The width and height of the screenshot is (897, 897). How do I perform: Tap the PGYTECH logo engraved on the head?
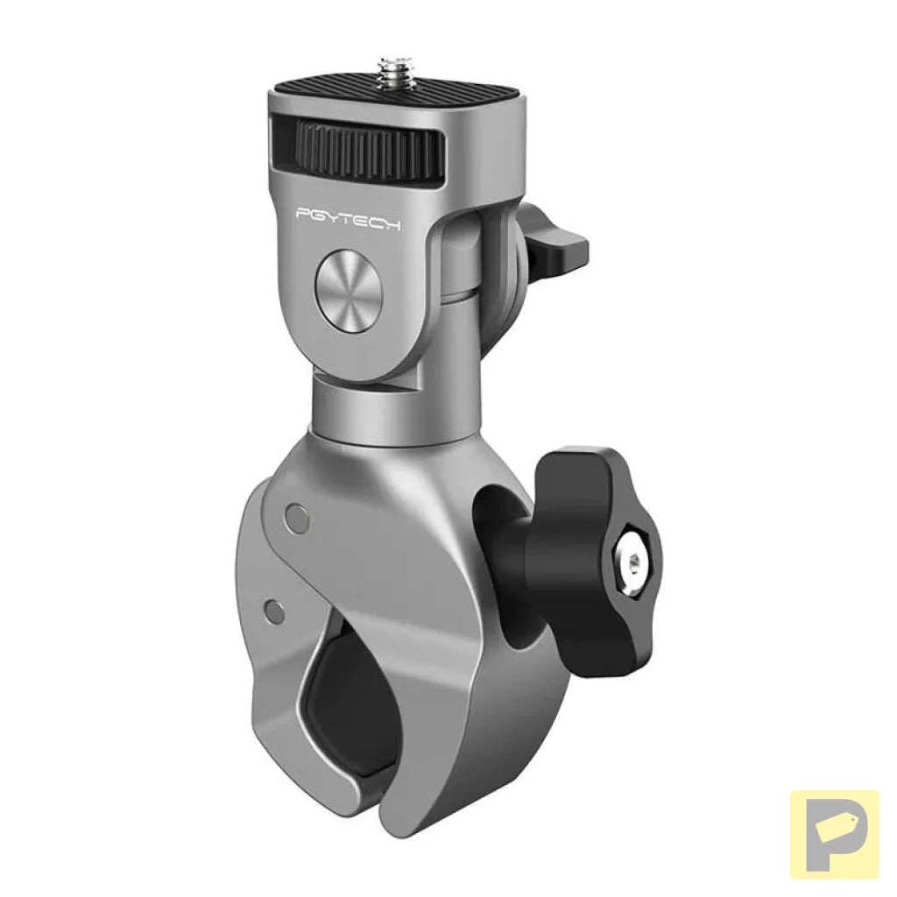click(348, 217)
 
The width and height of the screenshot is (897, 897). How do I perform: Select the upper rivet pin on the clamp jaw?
click(298, 518)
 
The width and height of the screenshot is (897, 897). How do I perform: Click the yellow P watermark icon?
click(834, 834)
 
